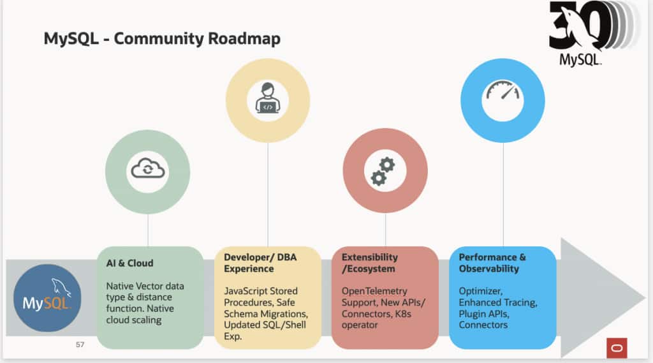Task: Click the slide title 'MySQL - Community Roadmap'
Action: tap(162, 39)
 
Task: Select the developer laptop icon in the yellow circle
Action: tap(268, 100)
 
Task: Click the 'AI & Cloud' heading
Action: tap(130, 263)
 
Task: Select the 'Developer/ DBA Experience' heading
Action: tap(260, 263)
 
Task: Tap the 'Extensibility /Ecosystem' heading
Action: tap(370, 263)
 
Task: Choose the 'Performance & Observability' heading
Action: tap(492, 263)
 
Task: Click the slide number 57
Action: tap(80, 344)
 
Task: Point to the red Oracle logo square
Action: tap(617, 348)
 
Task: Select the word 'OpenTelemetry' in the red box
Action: tap(374, 291)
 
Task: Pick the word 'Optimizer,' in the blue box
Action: tap(480, 291)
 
